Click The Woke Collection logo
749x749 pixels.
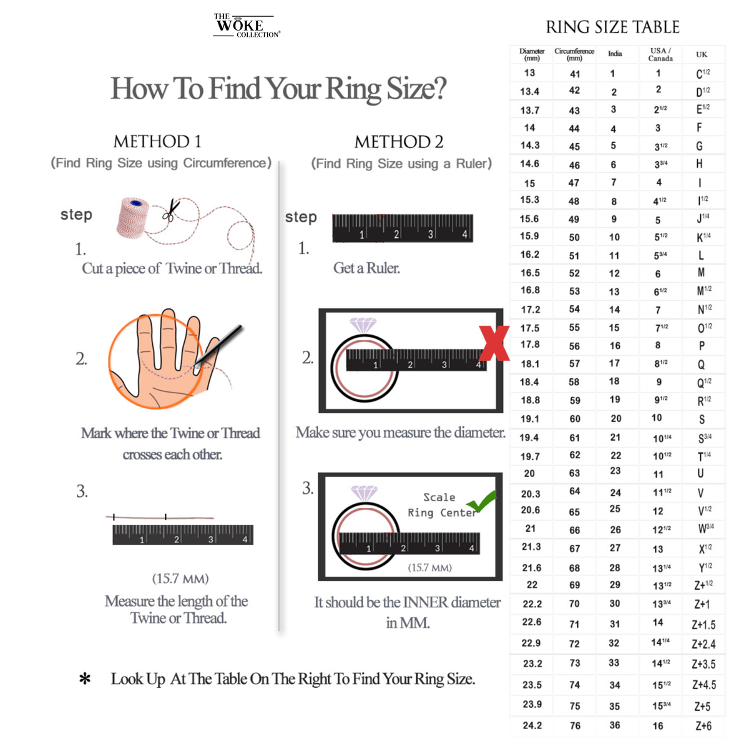[246, 26]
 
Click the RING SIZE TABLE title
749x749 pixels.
[612, 27]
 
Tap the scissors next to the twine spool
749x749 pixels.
[170, 211]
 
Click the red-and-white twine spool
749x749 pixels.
[134, 218]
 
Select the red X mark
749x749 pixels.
[494, 343]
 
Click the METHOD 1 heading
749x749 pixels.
[157, 142]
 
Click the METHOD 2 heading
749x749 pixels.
[399, 142]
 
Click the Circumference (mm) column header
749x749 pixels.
[574, 54]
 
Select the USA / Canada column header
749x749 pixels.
[660, 54]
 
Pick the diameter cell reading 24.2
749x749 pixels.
[532, 725]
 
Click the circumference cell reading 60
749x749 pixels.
[575, 419]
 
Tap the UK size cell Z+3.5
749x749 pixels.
[703, 664]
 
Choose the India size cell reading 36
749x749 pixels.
[615, 725]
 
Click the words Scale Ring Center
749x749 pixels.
[441, 505]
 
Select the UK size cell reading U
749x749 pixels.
[701, 474]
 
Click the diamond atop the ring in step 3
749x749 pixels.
[364, 493]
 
